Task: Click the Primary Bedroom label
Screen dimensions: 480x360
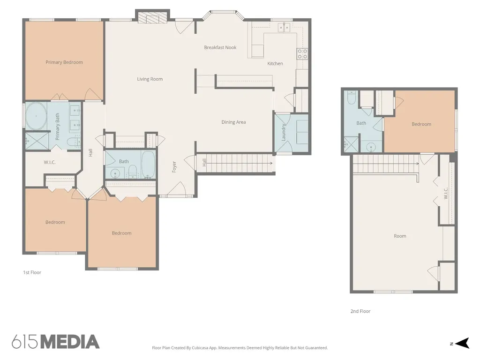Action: click(x=64, y=62)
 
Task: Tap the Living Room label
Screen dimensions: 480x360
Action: click(x=150, y=79)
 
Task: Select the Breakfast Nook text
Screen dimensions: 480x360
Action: click(x=220, y=47)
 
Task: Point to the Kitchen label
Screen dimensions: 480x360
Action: click(x=275, y=63)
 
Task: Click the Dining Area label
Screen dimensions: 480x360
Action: click(x=233, y=122)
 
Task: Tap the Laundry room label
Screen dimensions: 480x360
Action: click(x=284, y=132)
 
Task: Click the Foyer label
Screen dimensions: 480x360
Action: click(x=174, y=167)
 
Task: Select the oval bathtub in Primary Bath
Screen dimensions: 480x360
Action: click(x=36, y=116)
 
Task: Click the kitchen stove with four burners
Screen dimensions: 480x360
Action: click(x=302, y=54)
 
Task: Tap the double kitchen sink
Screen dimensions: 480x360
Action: click(x=284, y=27)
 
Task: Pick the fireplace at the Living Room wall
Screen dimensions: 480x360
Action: click(x=152, y=16)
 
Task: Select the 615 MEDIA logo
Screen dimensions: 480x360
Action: click(x=56, y=342)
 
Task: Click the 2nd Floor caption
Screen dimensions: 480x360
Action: click(x=360, y=311)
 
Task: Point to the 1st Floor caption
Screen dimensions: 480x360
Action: click(x=32, y=272)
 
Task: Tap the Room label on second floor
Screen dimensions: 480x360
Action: click(x=400, y=236)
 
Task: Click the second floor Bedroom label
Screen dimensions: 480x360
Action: click(x=421, y=124)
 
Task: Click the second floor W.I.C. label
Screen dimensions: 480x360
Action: click(x=446, y=193)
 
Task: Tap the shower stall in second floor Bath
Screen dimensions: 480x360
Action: click(x=351, y=144)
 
